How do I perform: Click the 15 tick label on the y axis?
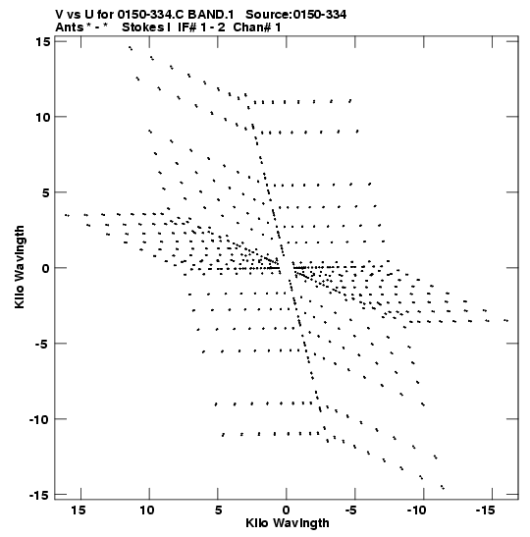point(42,41)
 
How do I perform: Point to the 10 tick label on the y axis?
point(42,117)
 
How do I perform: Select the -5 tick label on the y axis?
point(43,344)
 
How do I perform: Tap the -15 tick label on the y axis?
point(39,495)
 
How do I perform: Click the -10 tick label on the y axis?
point(39,419)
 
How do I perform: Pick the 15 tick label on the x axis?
point(79,510)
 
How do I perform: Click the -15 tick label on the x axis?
point(485,510)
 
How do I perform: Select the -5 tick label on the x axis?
point(351,510)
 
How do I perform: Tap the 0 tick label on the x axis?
point(287,510)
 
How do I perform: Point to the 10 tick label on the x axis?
point(147,510)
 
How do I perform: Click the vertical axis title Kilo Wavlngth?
point(20,267)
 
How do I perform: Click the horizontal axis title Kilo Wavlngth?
point(288,523)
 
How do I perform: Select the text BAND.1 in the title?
point(211,15)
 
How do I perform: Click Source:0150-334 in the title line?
point(295,15)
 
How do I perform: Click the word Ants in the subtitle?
point(69,27)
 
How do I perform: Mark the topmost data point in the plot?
point(131,48)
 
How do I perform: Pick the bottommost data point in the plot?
point(443,487)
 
